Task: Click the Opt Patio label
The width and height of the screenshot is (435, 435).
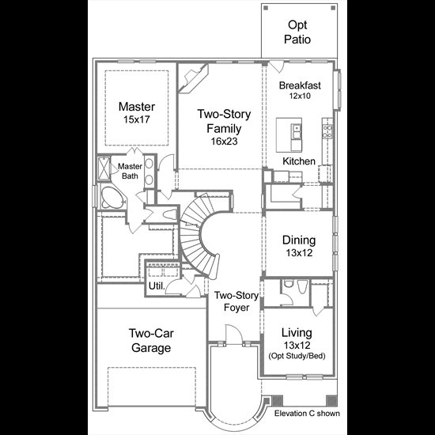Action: click(297, 32)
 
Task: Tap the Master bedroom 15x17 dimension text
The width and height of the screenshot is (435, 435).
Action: click(137, 119)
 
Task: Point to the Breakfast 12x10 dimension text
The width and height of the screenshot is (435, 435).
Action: click(300, 96)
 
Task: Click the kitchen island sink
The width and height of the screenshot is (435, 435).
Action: click(296, 131)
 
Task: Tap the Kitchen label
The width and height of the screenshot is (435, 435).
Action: click(299, 161)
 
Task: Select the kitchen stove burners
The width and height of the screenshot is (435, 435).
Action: click(327, 131)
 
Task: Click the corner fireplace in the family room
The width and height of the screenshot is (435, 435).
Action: click(193, 78)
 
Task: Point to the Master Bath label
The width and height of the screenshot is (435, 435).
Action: click(130, 171)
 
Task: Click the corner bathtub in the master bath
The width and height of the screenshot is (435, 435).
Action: click(111, 198)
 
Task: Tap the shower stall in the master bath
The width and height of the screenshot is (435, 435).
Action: click(104, 169)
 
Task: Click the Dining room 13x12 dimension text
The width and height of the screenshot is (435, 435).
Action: click(299, 253)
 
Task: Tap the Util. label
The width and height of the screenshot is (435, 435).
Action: click(157, 286)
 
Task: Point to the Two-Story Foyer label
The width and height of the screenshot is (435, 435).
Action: click(236, 301)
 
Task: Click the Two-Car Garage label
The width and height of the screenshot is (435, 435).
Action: click(151, 340)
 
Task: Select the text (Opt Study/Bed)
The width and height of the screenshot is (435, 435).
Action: click(297, 356)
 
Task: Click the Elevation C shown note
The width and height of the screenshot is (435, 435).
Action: click(307, 414)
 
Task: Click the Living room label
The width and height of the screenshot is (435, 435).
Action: click(297, 333)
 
